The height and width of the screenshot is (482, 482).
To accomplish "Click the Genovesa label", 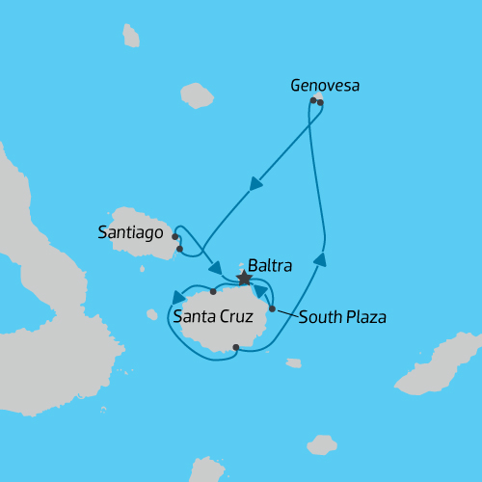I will pos(325,86).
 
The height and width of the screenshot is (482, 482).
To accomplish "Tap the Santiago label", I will pos(131,231).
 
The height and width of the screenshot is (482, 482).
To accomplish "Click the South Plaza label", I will pos(342,316).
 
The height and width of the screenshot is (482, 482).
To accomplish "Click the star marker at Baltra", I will pos(244,278).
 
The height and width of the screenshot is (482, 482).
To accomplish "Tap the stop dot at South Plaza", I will pos(272,308).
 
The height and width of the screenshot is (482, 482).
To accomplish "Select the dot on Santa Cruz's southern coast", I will pos(236,349).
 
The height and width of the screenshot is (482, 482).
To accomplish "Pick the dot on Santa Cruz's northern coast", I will pos(213,290).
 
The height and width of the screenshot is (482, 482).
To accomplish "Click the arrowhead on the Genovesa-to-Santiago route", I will pos(255,183).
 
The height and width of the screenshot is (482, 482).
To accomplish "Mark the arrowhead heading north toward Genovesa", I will pos(320,258).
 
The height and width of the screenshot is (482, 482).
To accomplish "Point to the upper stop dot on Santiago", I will pos(174,236).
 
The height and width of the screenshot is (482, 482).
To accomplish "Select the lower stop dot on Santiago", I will pos(179,249).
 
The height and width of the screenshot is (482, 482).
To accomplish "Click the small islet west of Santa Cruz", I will pos(151,314).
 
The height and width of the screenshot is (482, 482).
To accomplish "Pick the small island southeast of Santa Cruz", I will pos(293,362).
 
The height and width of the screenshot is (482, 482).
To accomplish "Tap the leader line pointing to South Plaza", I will pos(284,312).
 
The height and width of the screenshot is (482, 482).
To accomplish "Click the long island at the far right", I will pos(442,366).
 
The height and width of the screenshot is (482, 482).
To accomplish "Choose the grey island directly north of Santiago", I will pos(197,95).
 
